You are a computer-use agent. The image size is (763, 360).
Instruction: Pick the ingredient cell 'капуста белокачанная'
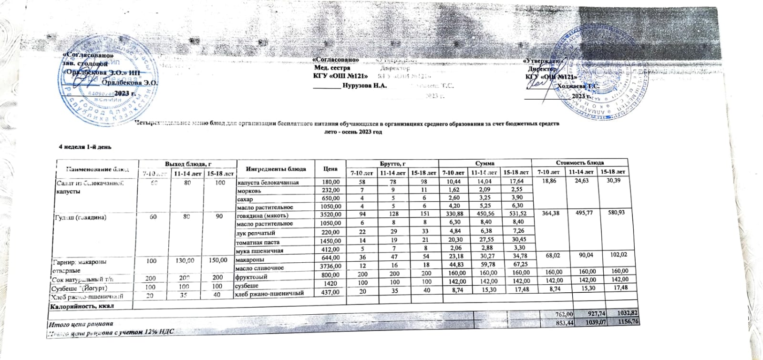(268, 182)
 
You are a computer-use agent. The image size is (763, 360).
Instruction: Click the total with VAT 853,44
(559, 324)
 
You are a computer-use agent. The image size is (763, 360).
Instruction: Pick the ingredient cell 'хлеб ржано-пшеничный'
(270, 293)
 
